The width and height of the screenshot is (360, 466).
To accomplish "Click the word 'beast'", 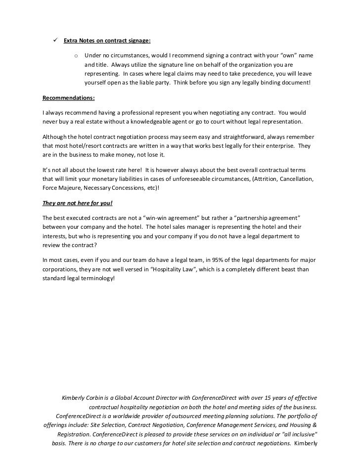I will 293,269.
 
